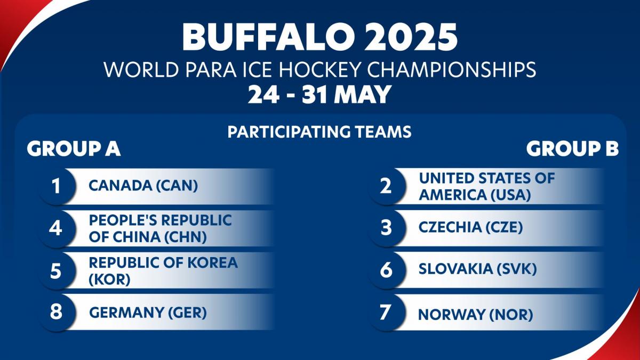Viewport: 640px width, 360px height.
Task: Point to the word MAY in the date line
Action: pyautogui.click(x=362, y=94)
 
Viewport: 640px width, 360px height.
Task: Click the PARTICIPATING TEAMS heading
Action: pyautogui.click(x=319, y=132)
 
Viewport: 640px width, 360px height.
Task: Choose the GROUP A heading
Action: pyautogui.click(x=74, y=149)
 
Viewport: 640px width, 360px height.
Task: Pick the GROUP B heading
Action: pyautogui.click(x=573, y=149)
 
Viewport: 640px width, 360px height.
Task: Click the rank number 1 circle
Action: pyautogui.click(x=57, y=186)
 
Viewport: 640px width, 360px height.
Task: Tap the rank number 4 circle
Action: pyautogui.click(x=57, y=228)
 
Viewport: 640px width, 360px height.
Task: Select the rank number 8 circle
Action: pyautogui.click(x=57, y=313)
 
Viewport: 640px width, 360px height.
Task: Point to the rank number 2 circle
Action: pyautogui.click(x=387, y=186)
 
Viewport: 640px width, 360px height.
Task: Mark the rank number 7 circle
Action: pyautogui.click(x=387, y=313)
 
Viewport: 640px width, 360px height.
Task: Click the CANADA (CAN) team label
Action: pyautogui.click(x=143, y=186)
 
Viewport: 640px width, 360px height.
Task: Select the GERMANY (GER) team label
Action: pyautogui.click(x=148, y=313)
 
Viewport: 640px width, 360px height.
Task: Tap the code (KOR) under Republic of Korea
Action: pyautogui.click(x=110, y=279)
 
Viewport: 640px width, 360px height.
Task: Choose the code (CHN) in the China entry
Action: pyautogui.click(x=186, y=237)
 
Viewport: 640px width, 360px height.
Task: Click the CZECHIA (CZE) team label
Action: pyautogui.click(x=470, y=227)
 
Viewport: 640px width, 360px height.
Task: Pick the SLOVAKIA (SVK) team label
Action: pyautogui.click(x=478, y=269)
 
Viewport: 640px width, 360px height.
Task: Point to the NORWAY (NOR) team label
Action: pyautogui.click(x=475, y=315)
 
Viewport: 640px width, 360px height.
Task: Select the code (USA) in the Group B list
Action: pyautogui.click(x=510, y=195)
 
